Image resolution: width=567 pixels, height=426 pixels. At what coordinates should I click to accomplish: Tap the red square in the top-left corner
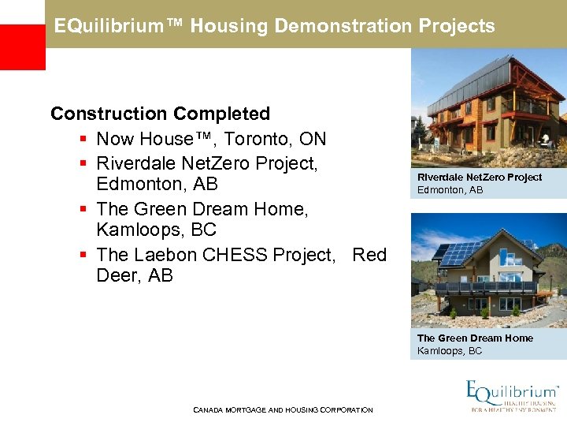pyautogui.click(x=22, y=47)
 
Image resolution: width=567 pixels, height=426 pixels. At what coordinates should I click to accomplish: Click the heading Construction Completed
pyautogui.click(x=160, y=114)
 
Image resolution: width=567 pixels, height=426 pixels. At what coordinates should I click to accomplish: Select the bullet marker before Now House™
pyautogui.click(x=83, y=140)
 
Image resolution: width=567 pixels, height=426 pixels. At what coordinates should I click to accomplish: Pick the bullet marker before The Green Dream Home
pyautogui.click(x=83, y=209)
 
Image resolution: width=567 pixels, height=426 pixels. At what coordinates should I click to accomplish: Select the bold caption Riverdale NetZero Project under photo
pyautogui.click(x=480, y=177)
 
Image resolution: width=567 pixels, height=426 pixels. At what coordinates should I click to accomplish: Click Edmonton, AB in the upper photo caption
pyautogui.click(x=450, y=190)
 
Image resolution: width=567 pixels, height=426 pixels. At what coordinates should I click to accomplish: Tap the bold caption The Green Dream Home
pyautogui.click(x=475, y=338)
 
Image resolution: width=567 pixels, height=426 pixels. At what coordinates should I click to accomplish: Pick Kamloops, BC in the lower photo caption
pyautogui.click(x=449, y=351)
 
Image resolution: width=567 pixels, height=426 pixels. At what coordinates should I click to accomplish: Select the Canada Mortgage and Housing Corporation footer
pyautogui.click(x=283, y=410)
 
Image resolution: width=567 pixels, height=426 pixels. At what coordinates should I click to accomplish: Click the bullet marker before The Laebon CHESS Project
pyautogui.click(x=83, y=255)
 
